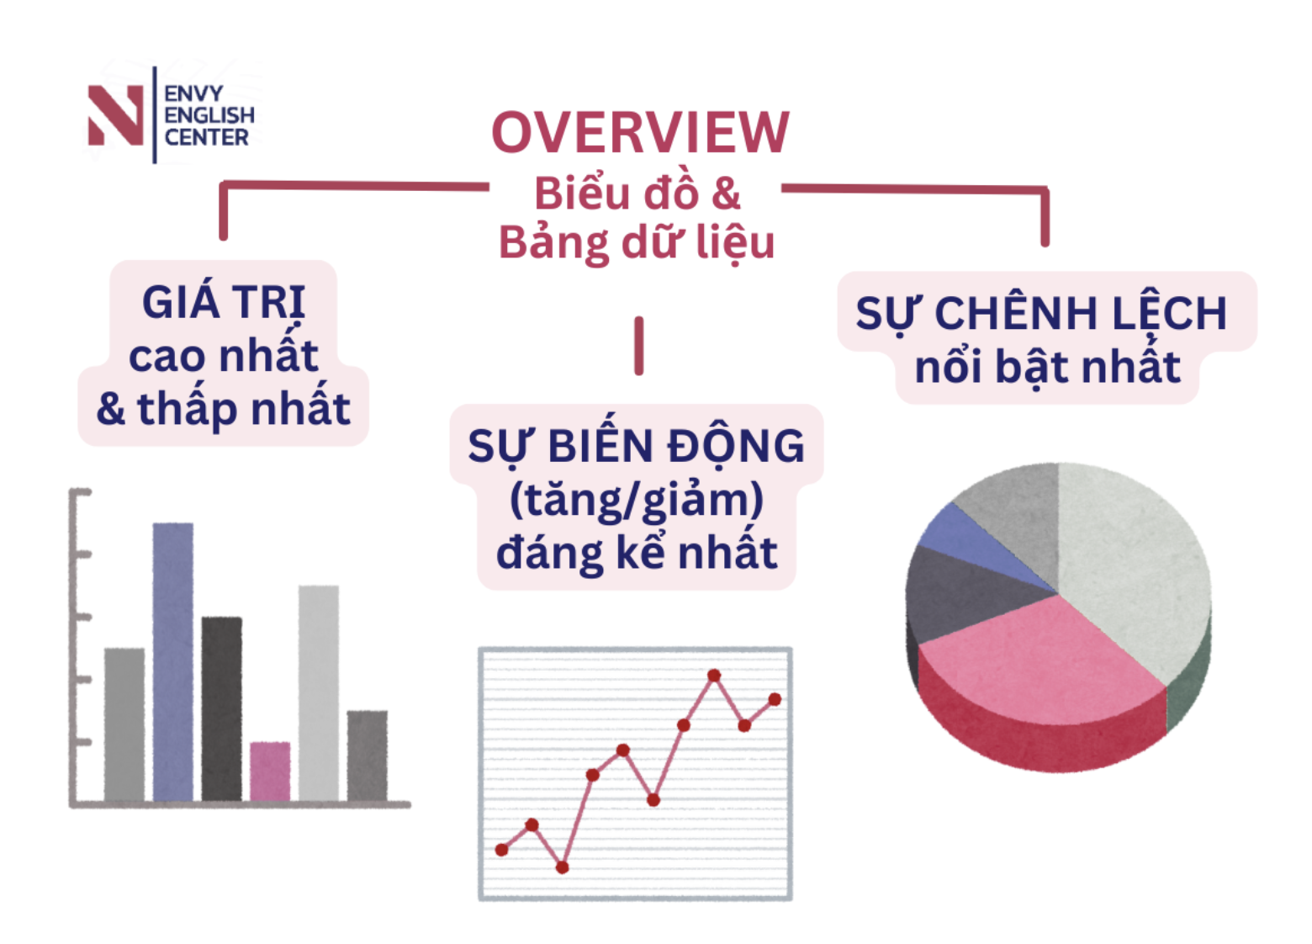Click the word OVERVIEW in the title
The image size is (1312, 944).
click(641, 133)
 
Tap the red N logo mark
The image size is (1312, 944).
click(115, 115)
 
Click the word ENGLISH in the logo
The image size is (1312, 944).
click(209, 115)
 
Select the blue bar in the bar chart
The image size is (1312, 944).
click(172, 662)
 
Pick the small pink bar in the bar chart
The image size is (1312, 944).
click(270, 772)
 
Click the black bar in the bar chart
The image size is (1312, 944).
click(221, 709)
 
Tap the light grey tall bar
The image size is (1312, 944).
click(319, 693)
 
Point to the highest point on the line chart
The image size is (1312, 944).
click(714, 676)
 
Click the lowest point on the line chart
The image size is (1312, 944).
click(563, 867)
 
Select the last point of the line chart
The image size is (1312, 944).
click(775, 699)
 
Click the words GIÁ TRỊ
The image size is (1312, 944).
click(224, 303)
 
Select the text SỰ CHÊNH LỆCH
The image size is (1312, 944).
click(1041, 312)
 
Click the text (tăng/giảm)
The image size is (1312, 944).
click(637, 500)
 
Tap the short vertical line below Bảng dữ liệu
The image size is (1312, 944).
click(639, 346)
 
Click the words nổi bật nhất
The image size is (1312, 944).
click(1047, 368)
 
